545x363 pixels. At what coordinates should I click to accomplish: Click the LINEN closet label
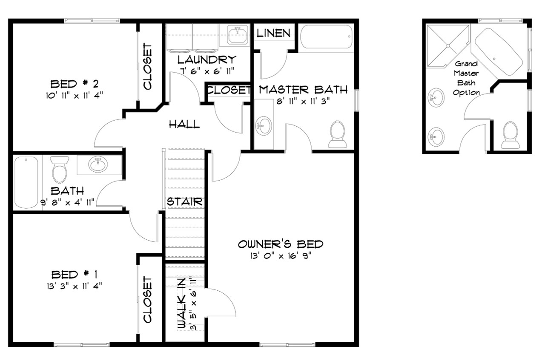274,33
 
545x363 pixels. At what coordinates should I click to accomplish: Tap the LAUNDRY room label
207,60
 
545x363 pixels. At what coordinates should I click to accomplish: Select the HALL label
184,124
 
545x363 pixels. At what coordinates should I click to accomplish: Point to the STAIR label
184,201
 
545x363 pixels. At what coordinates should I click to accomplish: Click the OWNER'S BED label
280,244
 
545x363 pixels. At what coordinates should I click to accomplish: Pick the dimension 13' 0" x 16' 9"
280,255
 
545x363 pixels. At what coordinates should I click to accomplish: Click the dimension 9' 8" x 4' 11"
68,202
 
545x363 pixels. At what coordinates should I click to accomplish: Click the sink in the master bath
264,126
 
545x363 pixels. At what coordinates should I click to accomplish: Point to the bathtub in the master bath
326,38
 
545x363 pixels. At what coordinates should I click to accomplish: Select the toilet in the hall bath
60,169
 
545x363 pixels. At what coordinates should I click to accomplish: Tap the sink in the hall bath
98,164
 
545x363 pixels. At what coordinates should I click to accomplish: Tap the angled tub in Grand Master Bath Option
498,53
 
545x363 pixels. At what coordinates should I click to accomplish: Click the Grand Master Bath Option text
466,78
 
